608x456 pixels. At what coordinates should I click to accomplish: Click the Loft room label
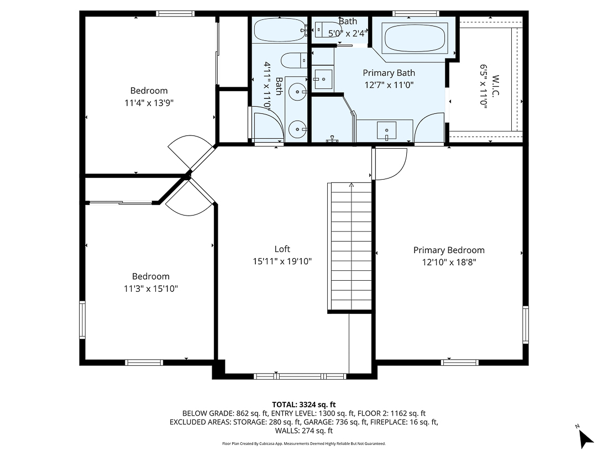[282, 249]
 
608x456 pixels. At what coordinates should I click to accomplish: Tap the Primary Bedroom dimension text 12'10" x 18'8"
[449, 263]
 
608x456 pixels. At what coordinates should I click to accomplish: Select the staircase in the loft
[351, 247]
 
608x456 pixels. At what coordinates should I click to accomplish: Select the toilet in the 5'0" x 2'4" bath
[322, 29]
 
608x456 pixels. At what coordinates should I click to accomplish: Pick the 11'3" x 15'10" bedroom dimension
[150, 289]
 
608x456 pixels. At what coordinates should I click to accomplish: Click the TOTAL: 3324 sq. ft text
[303, 405]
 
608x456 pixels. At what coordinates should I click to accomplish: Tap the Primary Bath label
[389, 73]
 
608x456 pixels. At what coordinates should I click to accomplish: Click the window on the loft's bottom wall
[300, 376]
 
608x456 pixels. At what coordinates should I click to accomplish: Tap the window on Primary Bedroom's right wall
[526, 324]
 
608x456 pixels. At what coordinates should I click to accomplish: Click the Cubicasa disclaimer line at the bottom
[303, 444]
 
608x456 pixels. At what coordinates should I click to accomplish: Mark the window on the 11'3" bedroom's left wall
[82, 319]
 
